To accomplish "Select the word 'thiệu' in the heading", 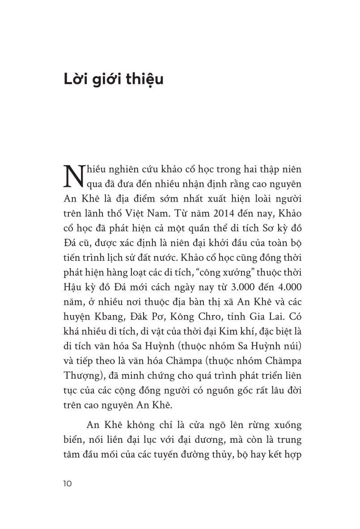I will [x=147, y=81].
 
